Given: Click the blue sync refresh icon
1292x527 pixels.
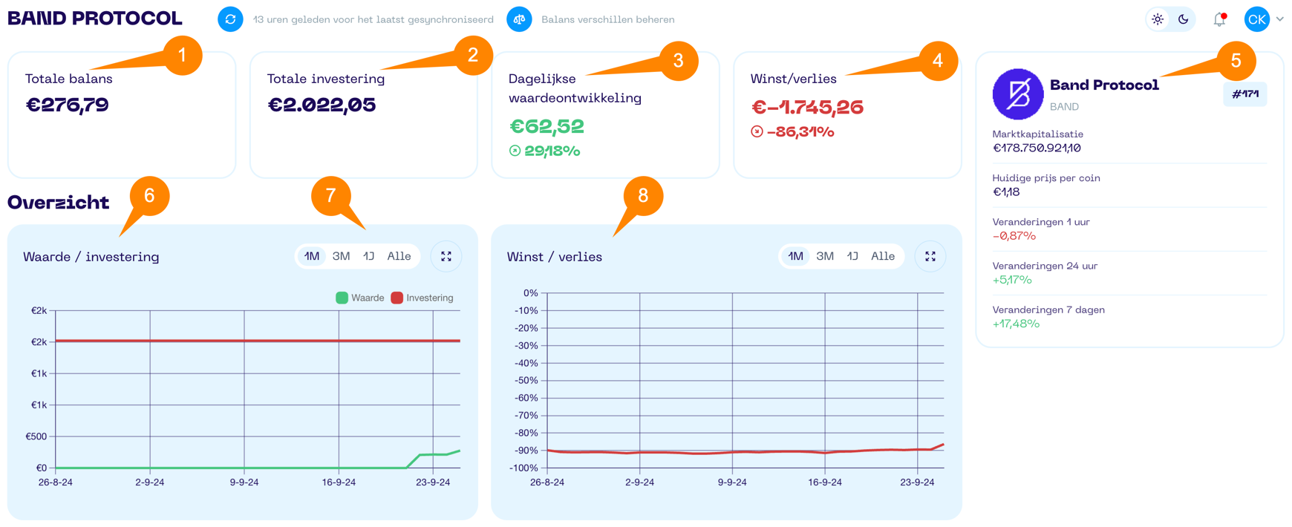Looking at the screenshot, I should point(230,19).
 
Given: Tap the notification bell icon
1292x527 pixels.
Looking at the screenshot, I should point(1219,20).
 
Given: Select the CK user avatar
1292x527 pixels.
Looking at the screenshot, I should point(1257,20).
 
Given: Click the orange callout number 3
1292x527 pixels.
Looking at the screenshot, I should point(678,61).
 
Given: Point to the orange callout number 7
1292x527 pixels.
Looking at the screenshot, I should point(331,196).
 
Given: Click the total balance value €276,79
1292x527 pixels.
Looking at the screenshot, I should point(68,105).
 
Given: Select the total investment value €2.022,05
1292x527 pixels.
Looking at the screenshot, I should point(322,105).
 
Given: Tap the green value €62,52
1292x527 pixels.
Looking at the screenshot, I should point(547,127).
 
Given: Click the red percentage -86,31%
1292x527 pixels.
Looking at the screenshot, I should point(800,132).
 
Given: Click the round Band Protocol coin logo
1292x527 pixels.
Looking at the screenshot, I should point(1018,94).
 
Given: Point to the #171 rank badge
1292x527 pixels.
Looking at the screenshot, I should point(1245,94).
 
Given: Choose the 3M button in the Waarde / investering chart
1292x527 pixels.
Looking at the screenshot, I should point(341,257).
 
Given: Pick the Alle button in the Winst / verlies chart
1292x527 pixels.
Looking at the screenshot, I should point(882,257).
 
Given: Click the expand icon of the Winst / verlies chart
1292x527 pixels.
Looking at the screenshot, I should point(930,257).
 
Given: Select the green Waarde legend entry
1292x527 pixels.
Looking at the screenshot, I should point(360,298).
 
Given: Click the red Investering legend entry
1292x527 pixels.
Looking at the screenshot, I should point(422,298).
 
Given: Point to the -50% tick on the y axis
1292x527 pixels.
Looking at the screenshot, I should point(526,381).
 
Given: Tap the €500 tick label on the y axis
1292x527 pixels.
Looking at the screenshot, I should point(36,436).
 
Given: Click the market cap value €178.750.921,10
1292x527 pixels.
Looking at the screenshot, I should point(1037,148).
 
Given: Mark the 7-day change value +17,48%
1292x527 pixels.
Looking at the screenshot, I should point(1016,324).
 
